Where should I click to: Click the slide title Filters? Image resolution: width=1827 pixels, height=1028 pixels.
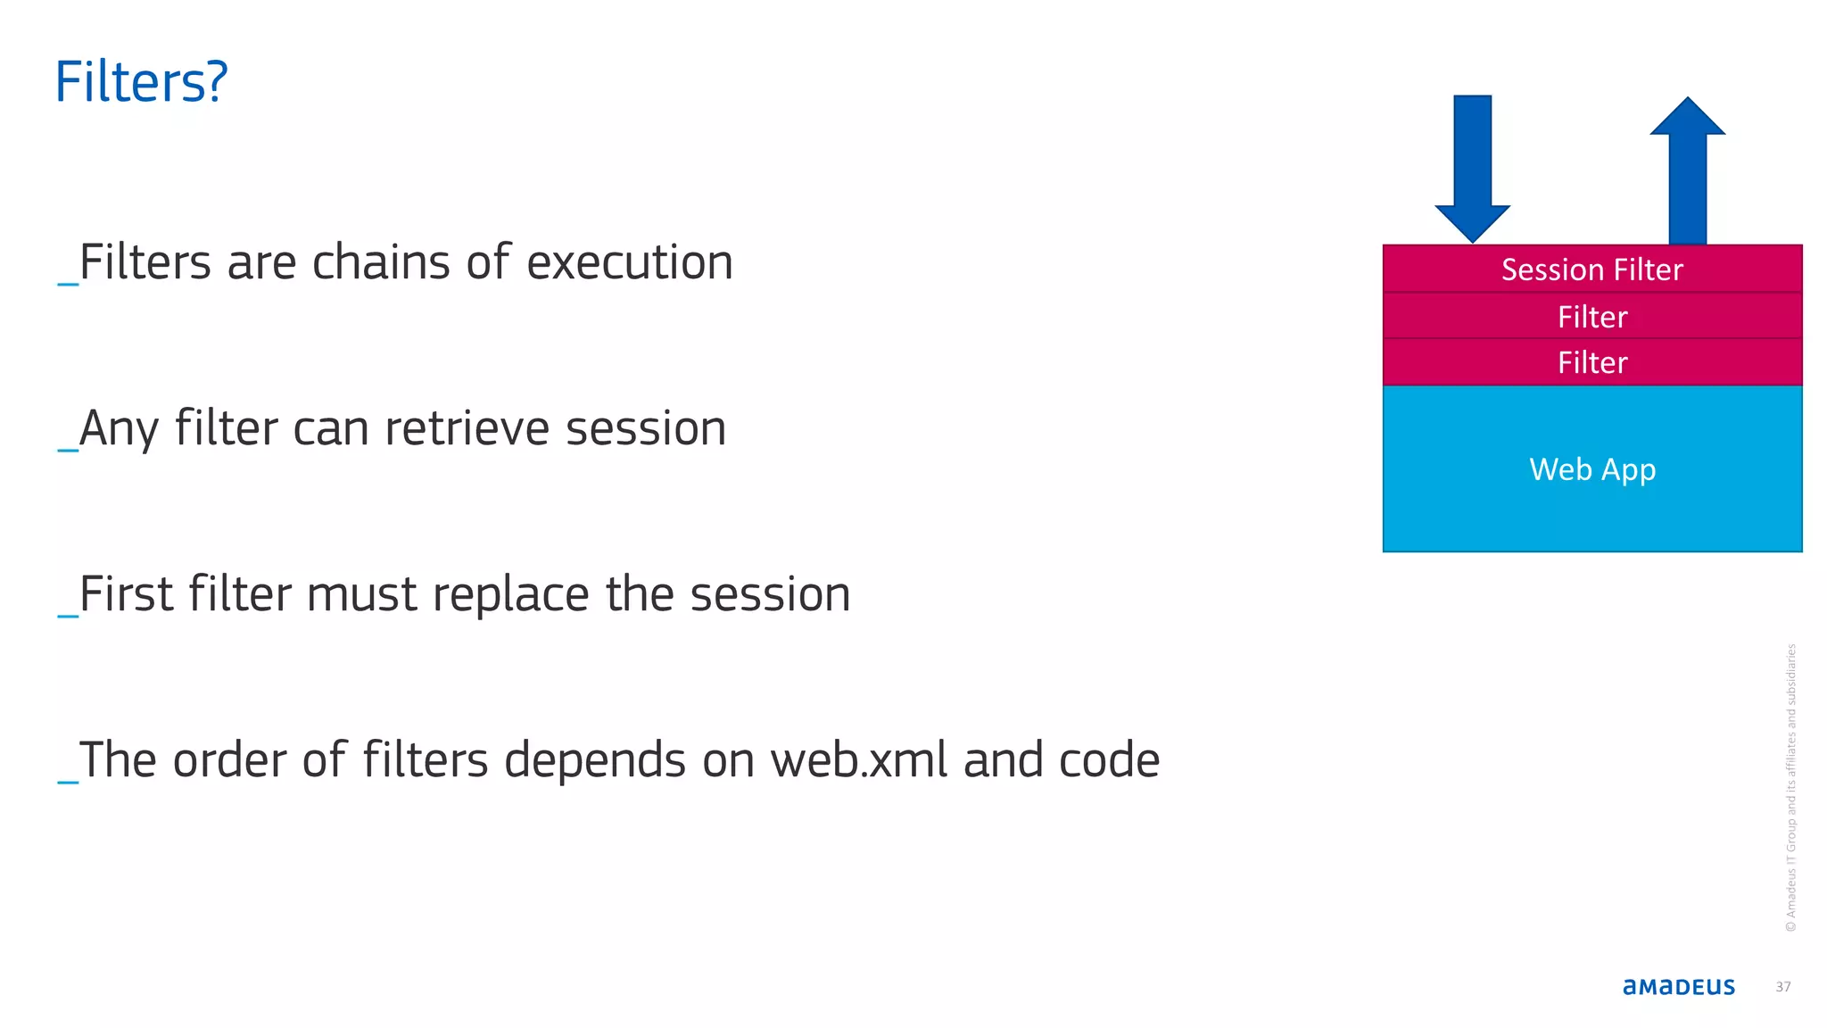(141, 82)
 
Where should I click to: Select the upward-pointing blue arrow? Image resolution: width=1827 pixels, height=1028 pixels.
(1687, 170)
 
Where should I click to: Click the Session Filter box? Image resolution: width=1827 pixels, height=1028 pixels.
(1591, 269)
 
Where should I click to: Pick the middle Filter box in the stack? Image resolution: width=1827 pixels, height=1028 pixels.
(1591, 317)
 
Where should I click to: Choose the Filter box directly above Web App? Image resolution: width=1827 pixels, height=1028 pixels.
(1591, 362)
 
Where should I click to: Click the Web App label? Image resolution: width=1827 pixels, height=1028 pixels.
(1591, 469)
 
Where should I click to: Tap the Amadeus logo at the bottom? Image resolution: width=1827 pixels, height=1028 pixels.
(1678, 987)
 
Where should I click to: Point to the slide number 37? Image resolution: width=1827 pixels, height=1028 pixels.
(1782, 987)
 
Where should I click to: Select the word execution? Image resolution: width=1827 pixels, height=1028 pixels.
(630, 263)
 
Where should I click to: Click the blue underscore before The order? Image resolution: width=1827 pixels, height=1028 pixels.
(68, 780)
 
